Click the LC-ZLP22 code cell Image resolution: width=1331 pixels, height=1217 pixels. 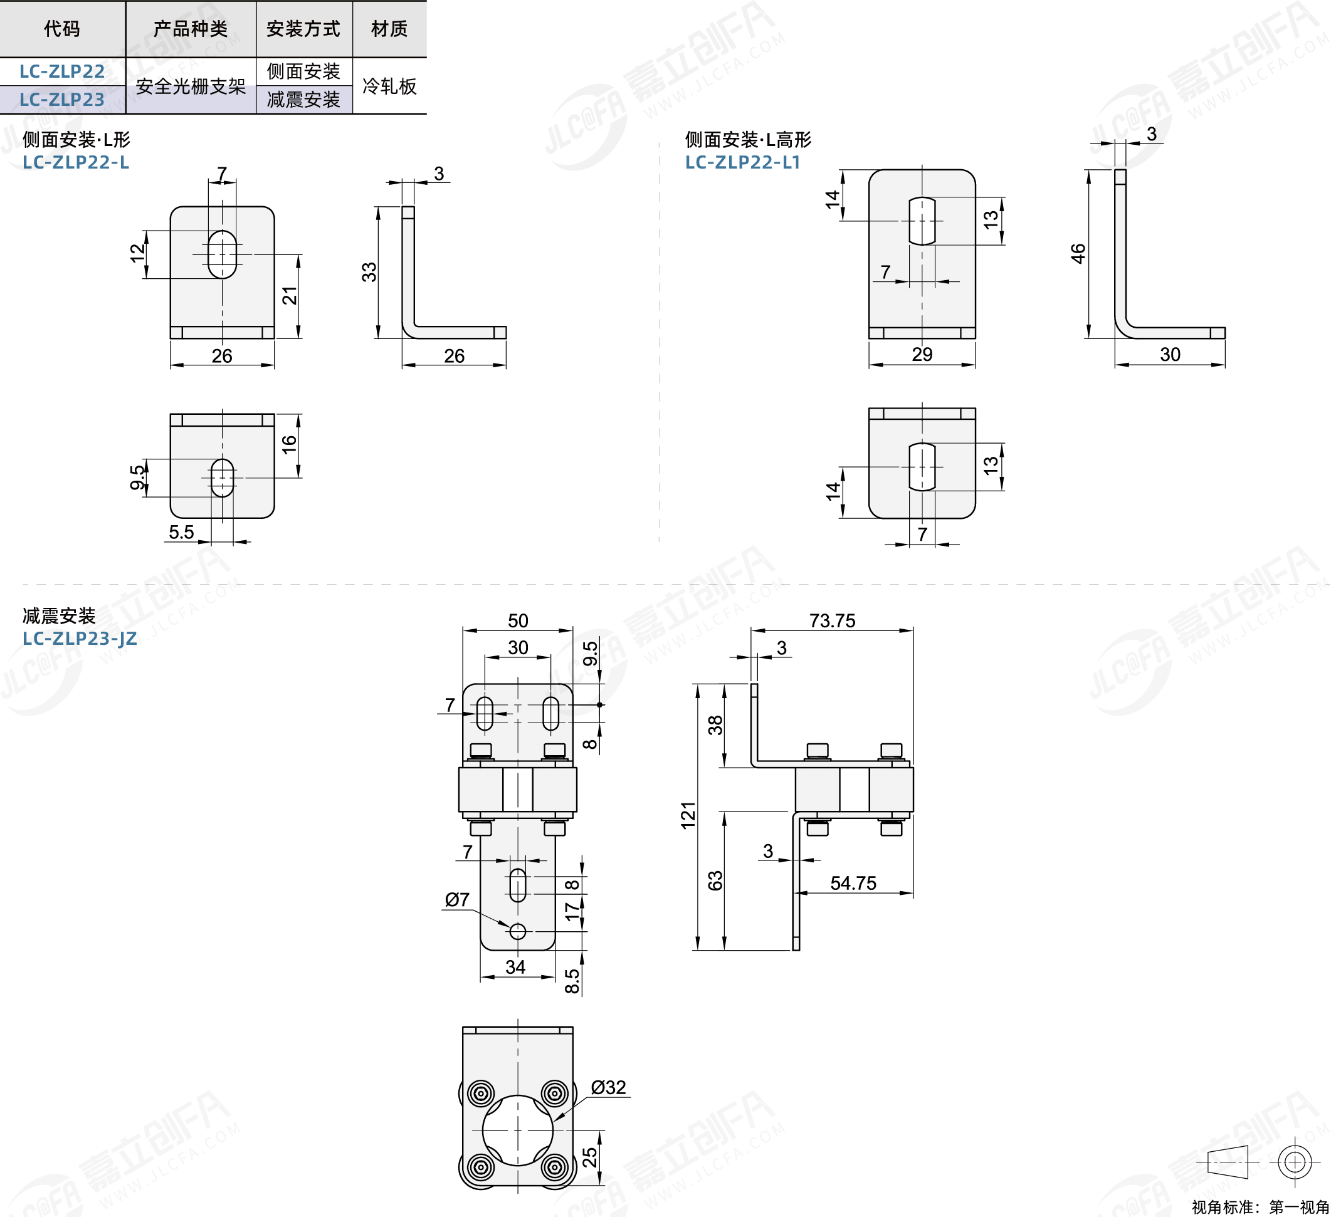[x=62, y=71]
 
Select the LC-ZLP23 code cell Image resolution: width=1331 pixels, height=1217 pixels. [x=62, y=100]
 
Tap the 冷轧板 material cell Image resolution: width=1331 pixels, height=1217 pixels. [x=389, y=86]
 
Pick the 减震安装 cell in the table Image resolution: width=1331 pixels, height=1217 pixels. [x=303, y=100]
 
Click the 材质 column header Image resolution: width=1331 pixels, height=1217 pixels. [x=389, y=28]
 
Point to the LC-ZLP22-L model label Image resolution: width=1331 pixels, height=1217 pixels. [x=76, y=162]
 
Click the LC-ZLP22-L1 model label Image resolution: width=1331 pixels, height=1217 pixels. [x=743, y=162]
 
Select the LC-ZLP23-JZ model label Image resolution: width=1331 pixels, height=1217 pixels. [x=80, y=638]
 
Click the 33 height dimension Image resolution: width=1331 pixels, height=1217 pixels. [x=369, y=272]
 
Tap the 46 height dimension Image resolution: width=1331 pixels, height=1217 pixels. [x=1078, y=253]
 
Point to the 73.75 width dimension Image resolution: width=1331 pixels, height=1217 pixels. [x=832, y=620]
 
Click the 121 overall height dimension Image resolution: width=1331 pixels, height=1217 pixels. [x=688, y=815]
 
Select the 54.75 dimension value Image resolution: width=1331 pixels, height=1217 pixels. [x=853, y=883]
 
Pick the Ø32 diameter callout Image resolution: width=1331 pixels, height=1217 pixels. [x=608, y=1087]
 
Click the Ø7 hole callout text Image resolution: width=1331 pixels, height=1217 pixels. [x=457, y=899]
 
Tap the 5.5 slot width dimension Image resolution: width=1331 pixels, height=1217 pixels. [x=182, y=532]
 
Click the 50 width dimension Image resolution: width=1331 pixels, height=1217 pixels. [x=518, y=620]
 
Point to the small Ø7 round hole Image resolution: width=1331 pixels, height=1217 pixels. [x=518, y=931]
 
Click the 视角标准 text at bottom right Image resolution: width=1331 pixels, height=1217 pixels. [x=1223, y=1207]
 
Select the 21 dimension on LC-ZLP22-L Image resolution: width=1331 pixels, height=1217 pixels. [x=290, y=296]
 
